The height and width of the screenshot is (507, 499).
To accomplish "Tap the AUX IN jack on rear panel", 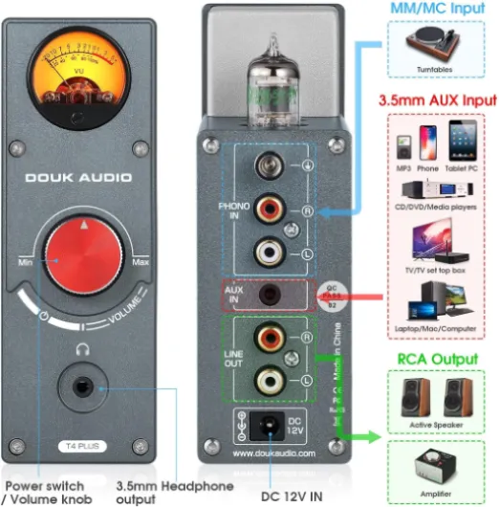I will (x=273, y=295).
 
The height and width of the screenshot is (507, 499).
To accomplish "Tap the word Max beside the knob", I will (x=142, y=261).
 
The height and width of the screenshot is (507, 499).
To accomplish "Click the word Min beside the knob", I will (x=26, y=261).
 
